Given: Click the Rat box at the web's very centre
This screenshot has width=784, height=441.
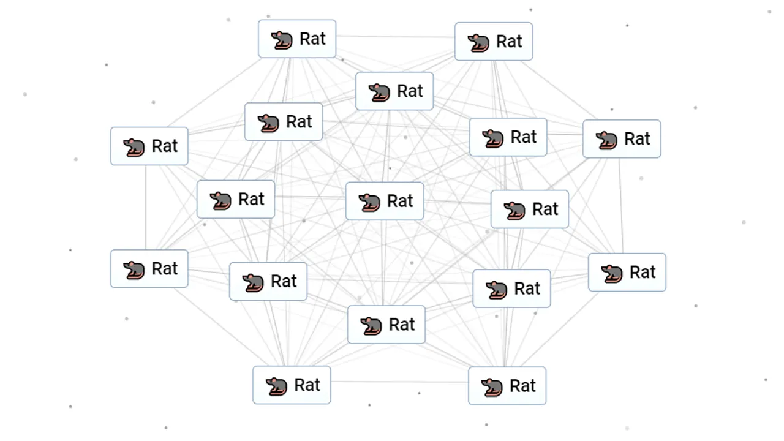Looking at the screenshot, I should coord(384,201).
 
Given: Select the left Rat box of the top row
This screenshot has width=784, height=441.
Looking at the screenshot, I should coord(297,39).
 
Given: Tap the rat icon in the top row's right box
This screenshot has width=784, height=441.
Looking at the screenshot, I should coord(478,42).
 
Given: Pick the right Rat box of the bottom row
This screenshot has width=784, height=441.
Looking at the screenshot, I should coord(507,386).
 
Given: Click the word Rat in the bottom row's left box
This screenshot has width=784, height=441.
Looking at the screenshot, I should coord(307,385).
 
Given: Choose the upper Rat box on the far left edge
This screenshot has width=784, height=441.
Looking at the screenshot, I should coord(149,146).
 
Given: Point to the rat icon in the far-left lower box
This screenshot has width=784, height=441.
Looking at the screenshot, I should coord(134,269).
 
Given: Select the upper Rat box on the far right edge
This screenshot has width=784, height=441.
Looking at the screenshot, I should coord(621,139).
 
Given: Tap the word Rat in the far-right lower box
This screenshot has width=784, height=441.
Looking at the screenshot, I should coord(643,272).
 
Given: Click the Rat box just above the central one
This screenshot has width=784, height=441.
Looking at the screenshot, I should coord(394,91).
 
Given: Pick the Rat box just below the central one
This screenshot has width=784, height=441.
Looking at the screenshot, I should coord(386,325).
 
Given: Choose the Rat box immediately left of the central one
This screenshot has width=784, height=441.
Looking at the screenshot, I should coord(235,199).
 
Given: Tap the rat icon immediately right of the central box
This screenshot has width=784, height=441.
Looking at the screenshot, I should coord(514,210).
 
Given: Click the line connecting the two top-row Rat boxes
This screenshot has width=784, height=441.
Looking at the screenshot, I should coord(395,37).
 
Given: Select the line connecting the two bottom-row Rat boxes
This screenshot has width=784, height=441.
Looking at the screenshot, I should coord(399,382).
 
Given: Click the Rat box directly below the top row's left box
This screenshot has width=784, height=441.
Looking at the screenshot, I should coord(283,122).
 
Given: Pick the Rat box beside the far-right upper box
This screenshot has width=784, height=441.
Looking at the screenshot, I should coord(508,137).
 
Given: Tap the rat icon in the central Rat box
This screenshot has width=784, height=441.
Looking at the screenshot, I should coord(369,202).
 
